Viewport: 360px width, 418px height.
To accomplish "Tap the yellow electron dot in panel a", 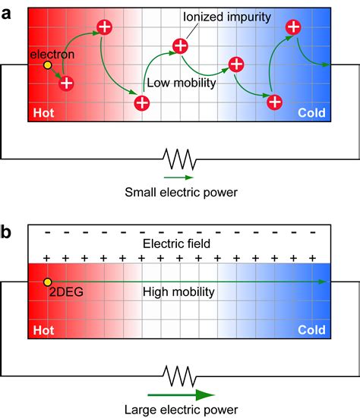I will coord(47,66).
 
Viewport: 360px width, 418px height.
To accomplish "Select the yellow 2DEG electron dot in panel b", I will coord(47,281).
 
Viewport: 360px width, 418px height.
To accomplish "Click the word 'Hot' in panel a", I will coord(44,114).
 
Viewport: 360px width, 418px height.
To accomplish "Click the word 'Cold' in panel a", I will coord(311,114).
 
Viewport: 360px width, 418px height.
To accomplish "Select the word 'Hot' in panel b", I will coord(44,330).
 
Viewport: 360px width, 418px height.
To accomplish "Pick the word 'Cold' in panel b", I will coord(311,330).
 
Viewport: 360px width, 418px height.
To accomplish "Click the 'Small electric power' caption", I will coord(180,192).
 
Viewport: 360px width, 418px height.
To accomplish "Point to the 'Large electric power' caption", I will coord(180,410).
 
